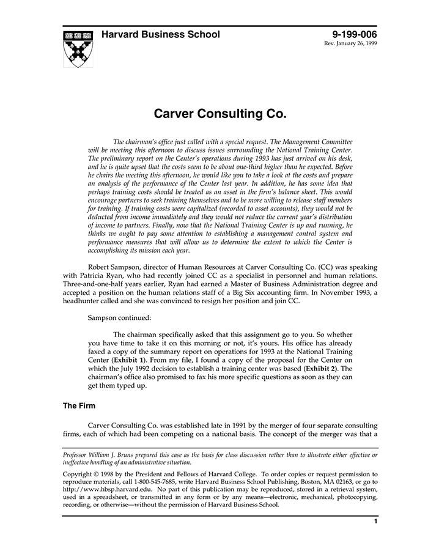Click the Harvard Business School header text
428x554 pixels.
coord(160,35)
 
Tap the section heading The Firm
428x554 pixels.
coord(79,405)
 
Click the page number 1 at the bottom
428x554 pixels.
coord(375,522)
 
